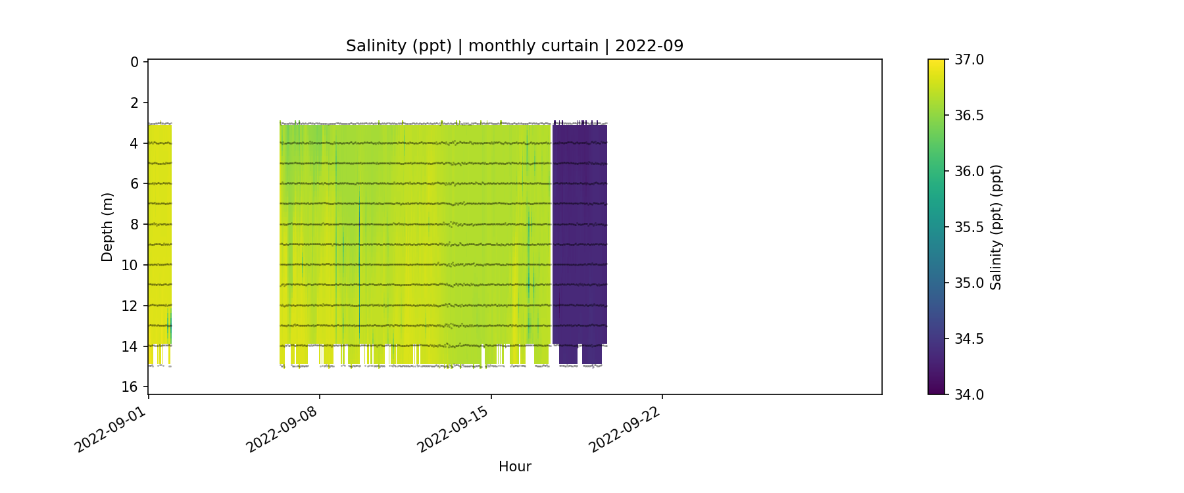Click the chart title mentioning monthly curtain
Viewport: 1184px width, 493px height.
click(x=514, y=46)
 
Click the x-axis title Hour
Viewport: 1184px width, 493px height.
click(x=514, y=467)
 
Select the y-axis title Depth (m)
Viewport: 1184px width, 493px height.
click(x=107, y=227)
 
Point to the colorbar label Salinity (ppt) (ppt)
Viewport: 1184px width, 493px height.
click(x=996, y=227)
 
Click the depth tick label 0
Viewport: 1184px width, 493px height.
click(x=134, y=62)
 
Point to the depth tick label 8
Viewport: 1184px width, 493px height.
click(x=134, y=224)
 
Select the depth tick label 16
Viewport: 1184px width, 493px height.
click(x=130, y=387)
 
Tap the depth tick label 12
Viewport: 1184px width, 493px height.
click(x=130, y=306)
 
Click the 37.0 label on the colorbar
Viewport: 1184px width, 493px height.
click(x=969, y=60)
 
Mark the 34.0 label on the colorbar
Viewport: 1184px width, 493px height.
click(x=969, y=394)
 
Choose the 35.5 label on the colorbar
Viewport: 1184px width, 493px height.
click(x=969, y=227)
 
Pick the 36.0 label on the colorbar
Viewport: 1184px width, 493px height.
click(x=969, y=171)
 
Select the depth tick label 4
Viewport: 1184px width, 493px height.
click(x=134, y=143)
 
